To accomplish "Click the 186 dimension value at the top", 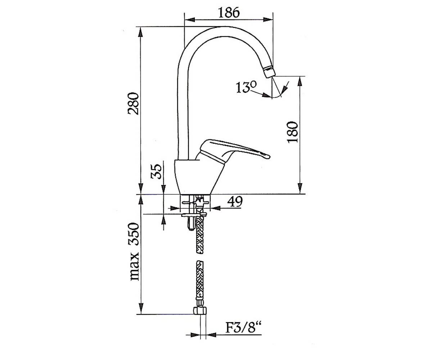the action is coord(229,12).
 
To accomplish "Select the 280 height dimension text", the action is coord(133,104).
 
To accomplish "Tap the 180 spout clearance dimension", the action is coord(293,132).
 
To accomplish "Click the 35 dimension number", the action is coord(156,171).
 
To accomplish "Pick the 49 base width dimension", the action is coord(235,202).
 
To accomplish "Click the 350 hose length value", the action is coord(134,234).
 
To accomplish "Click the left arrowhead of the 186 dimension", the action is coord(189,20).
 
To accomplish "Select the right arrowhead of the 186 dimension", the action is coord(268,20).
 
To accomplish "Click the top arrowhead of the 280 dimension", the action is coord(141,32).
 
